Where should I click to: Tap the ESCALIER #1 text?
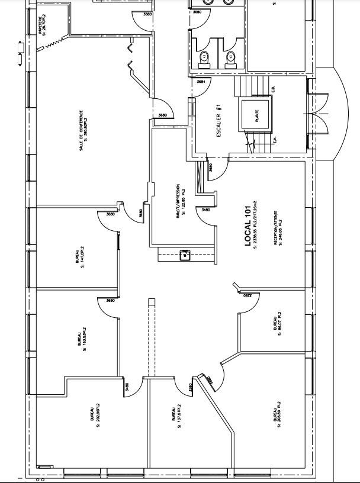(x=218, y=118)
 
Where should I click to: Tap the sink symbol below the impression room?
(x=185, y=256)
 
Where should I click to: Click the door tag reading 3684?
(x=201, y=82)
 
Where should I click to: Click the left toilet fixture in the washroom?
(x=205, y=57)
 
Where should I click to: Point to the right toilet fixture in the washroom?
(x=230, y=57)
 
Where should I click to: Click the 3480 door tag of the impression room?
(x=205, y=210)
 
